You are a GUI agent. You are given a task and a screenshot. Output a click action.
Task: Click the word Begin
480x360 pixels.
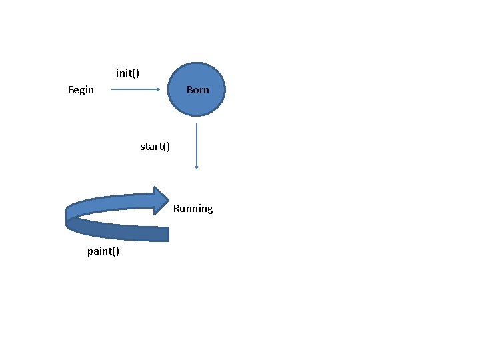[x=81, y=89]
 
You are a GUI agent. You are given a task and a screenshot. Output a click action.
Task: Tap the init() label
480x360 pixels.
[x=127, y=73]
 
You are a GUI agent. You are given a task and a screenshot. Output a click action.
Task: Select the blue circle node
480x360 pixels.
[x=197, y=89]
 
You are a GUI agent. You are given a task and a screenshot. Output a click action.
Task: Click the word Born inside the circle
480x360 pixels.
[x=197, y=89]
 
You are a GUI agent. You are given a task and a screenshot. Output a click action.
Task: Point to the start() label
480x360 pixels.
[x=155, y=146]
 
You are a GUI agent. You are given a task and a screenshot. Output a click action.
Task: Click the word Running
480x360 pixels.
[x=193, y=209]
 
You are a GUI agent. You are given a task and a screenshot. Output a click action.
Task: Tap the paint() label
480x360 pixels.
[x=103, y=251]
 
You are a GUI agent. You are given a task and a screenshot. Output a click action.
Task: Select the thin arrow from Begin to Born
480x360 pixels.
[x=133, y=89]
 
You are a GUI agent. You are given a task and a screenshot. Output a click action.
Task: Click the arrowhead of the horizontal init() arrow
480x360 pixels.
[x=159, y=89]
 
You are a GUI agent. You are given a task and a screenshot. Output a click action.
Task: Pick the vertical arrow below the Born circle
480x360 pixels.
[x=196, y=143]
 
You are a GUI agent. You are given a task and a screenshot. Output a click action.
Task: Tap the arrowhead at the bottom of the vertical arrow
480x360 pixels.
[x=196, y=167]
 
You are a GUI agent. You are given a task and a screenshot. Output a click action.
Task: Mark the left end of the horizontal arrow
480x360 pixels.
[x=112, y=89]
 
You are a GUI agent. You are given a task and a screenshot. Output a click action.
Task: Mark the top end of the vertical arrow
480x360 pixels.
[x=196, y=123]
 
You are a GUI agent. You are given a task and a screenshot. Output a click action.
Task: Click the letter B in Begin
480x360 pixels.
[x=71, y=89]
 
